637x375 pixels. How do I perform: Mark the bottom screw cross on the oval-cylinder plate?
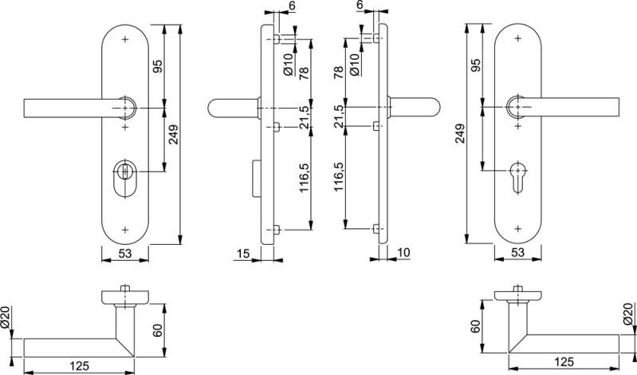pyautogui.click(x=125, y=230)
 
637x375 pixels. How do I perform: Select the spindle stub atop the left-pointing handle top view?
pyautogui.click(x=125, y=288)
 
